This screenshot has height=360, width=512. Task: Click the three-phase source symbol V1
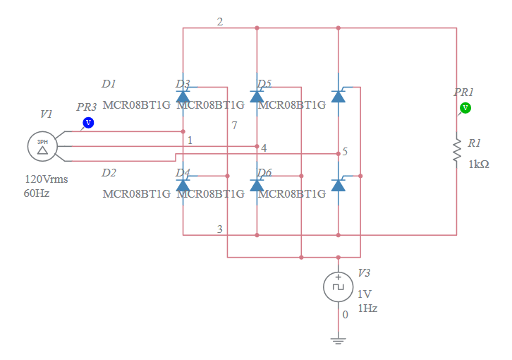42,146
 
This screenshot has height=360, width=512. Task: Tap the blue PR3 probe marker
88,122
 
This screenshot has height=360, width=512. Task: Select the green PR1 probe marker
465,108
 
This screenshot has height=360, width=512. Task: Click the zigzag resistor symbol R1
457,150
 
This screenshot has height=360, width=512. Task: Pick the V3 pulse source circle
338,287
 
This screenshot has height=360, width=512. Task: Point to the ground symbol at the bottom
338,340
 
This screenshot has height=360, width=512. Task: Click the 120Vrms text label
47,179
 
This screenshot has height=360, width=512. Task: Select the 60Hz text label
37,193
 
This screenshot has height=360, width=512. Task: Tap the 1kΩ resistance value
479,164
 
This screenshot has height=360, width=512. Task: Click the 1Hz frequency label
367,308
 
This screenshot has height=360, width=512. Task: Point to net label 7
234,126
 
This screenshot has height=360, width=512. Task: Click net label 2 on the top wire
220,22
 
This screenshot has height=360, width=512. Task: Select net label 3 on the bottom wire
220,229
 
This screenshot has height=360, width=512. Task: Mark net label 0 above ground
345,315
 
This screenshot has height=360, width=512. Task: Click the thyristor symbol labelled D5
257,96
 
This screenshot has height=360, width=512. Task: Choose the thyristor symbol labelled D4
183,184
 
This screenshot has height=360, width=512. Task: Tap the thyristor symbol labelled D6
257,184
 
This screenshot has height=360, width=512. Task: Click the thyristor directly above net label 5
339,96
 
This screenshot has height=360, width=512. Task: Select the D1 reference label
109,84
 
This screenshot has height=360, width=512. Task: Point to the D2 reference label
109,173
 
